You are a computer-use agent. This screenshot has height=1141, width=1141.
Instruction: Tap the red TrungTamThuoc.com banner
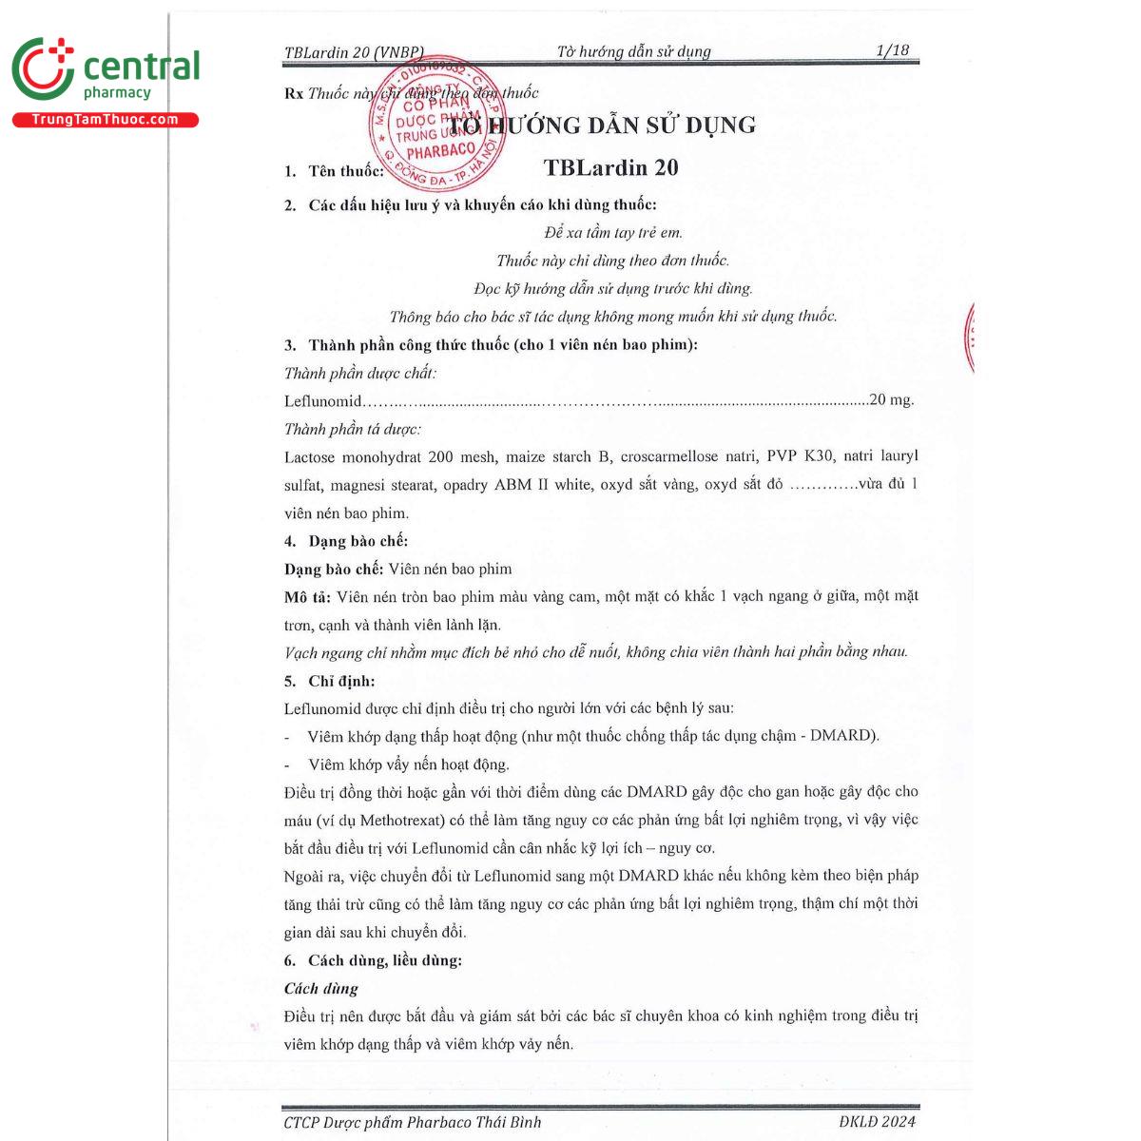[x=105, y=120]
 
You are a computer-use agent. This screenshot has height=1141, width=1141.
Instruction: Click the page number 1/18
[x=892, y=50]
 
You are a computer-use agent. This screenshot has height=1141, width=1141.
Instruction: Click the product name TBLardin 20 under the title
[x=610, y=168]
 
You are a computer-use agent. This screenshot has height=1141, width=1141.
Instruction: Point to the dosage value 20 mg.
[x=892, y=400]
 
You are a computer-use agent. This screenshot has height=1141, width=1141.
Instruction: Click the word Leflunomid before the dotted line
[x=322, y=401]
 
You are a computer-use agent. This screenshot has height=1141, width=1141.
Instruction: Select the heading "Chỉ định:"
[x=341, y=681]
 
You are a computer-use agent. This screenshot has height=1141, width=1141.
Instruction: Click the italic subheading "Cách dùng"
[x=321, y=989]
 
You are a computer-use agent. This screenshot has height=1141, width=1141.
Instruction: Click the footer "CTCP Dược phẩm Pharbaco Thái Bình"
[x=412, y=1122]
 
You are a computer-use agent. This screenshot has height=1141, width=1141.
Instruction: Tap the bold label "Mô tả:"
[x=307, y=597]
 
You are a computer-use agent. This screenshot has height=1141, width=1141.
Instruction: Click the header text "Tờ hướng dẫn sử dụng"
[x=633, y=51]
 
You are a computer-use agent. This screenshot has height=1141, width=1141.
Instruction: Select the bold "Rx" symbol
[x=293, y=93]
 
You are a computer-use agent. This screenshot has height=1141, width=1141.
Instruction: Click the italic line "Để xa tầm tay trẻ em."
[x=613, y=232]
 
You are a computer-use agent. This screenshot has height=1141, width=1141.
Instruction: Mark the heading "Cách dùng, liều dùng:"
[x=384, y=960]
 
